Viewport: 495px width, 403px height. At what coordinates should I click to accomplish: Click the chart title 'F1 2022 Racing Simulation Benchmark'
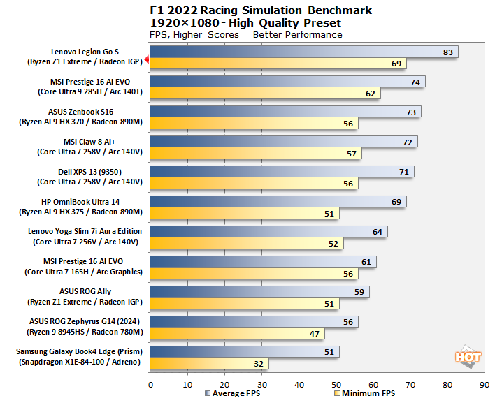(x=261, y=10)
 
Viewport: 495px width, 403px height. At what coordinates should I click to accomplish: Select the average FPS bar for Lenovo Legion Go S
(x=303, y=52)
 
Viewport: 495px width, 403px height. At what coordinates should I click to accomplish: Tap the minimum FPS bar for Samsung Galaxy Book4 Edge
(x=209, y=363)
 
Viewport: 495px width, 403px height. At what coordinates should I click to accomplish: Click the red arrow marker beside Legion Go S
(x=147, y=61)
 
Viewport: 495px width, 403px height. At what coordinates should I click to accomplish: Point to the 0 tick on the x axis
(x=150, y=383)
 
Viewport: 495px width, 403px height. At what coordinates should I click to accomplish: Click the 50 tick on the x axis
(x=336, y=383)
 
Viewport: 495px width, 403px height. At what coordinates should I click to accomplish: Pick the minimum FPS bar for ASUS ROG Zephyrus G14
(x=237, y=333)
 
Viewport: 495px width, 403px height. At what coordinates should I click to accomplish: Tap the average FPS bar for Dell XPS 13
(x=282, y=172)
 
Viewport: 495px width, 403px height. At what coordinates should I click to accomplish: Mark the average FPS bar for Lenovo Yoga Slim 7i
(x=268, y=232)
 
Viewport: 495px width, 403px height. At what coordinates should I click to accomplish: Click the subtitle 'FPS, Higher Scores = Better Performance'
(x=246, y=34)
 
